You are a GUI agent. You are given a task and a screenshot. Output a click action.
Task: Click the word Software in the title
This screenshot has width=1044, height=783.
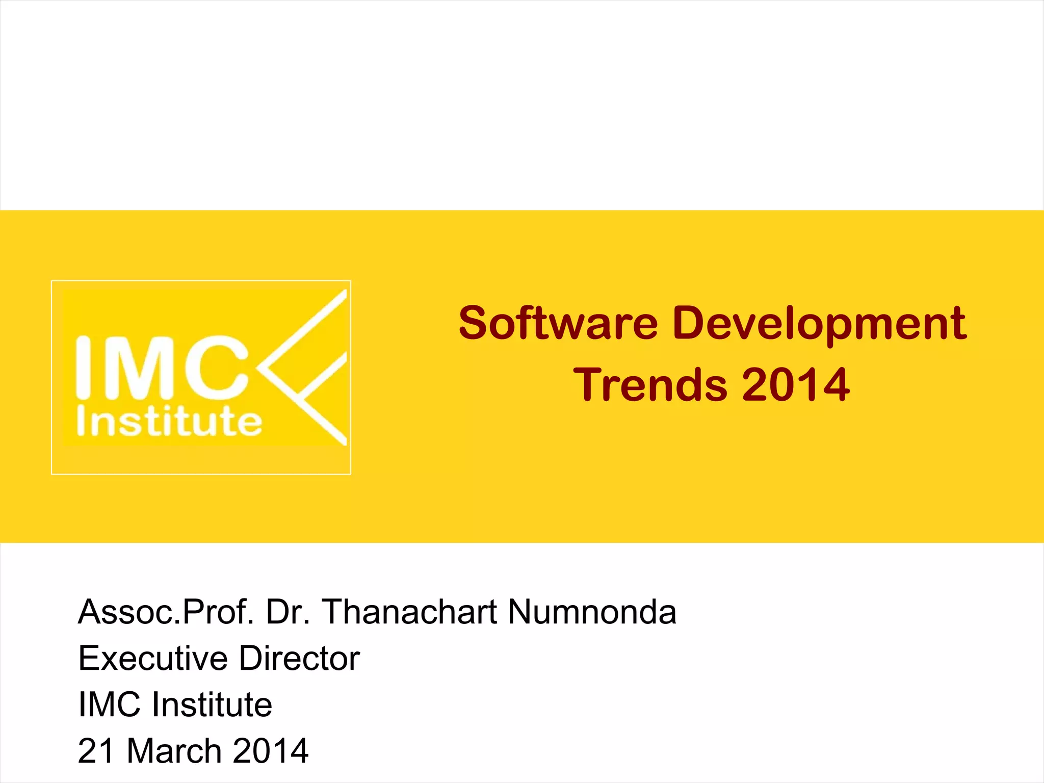558,323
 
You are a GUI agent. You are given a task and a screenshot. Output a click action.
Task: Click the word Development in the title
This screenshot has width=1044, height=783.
819,323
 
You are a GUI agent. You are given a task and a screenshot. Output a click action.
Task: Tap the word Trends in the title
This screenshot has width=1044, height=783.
650,385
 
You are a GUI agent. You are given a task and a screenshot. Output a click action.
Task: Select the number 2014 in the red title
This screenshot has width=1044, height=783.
796,385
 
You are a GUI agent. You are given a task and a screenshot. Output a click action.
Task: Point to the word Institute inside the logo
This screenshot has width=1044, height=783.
169,422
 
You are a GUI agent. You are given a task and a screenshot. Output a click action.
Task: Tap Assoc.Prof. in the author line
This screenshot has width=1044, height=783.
166,612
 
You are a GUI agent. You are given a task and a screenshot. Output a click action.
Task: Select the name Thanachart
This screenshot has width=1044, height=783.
409,612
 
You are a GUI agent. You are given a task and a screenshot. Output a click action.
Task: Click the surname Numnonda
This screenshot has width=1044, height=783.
592,612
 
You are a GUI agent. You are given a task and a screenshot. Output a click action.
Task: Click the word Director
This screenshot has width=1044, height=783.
299,658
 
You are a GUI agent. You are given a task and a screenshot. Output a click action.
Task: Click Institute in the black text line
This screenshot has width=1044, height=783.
212,704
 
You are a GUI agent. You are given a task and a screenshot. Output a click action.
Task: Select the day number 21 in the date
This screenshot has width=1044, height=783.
96,751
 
